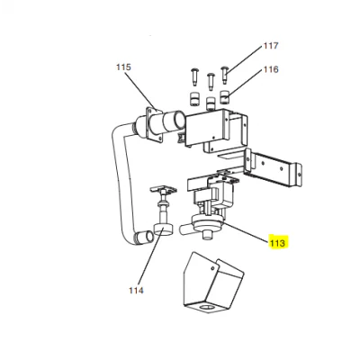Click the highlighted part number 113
tap(278, 242)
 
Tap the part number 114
tap(136, 290)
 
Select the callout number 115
tap(123, 67)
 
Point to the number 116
tap(271, 69)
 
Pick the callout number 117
tap(271, 46)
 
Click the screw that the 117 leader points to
tap(225, 74)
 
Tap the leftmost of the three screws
tap(193, 76)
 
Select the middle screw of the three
tap(211, 81)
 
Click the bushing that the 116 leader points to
tap(225, 96)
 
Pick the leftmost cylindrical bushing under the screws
tap(193, 99)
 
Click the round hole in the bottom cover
tap(206, 308)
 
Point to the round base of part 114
tap(163, 229)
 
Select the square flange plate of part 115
tap(155, 124)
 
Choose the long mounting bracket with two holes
tap(273, 167)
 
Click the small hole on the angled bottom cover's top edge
tap(212, 267)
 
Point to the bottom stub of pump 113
tap(206, 236)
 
